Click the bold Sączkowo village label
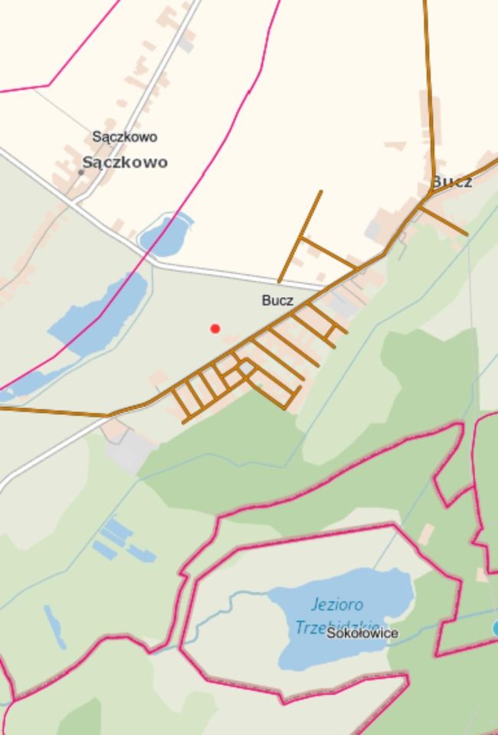125,162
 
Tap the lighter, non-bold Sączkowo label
125,137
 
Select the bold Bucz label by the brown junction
452,181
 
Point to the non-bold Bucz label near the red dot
277,300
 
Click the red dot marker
215,328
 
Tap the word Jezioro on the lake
338,605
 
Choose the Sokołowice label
362,633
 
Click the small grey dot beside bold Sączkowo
81,172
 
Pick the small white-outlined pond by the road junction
165,234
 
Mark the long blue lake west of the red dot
100,314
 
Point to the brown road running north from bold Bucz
430,92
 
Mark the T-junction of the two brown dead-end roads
303,238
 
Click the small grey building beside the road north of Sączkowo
185,43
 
